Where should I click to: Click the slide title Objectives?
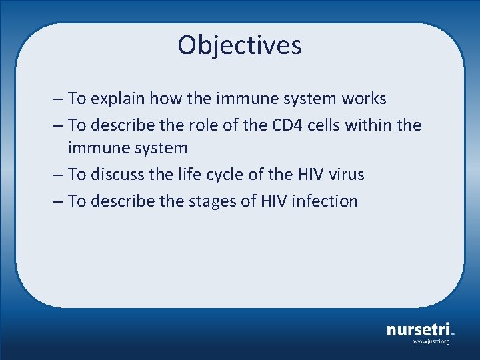tap(239, 45)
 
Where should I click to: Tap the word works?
tap(363, 99)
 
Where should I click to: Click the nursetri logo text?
tap(419, 329)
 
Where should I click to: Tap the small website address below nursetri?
tap(431, 341)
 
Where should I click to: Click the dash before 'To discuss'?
tap(57, 175)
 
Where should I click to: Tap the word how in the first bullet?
tap(164, 99)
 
